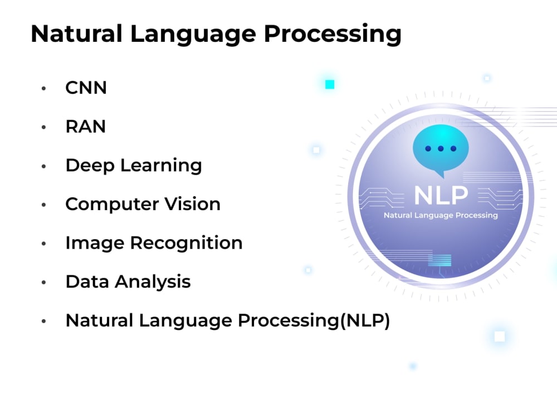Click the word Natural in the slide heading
tap(76, 34)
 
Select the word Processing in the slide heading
tap(333, 34)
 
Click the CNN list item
tap(86, 88)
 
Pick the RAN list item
tap(85, 127)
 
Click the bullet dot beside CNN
tap(43, 89)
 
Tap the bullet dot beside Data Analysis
tap(43, 283)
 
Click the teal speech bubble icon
tap(440, 148)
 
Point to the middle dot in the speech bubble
tap(441, 149)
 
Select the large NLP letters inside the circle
tap(441, 195)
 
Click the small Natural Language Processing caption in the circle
tap(441, 215)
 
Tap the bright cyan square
tap(330, 84)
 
